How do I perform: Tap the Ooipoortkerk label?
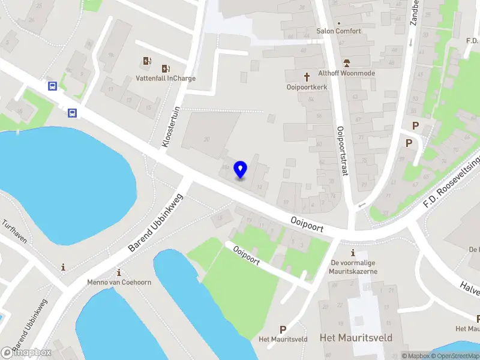point(306,87)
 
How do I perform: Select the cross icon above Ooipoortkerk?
point(307,76)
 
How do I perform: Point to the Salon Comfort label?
point(339,31)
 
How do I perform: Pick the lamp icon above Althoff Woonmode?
point(346,62)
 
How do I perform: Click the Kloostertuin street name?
point(172,127)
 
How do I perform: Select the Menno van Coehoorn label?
point(119,282)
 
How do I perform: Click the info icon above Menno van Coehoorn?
point(119,272)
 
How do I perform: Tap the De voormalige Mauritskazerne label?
point(354,267)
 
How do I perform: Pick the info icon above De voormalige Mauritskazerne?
point(353,253)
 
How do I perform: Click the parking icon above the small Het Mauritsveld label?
point(283,329)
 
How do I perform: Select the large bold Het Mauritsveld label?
point(356,338)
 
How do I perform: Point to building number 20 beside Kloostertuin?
point(207,139)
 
